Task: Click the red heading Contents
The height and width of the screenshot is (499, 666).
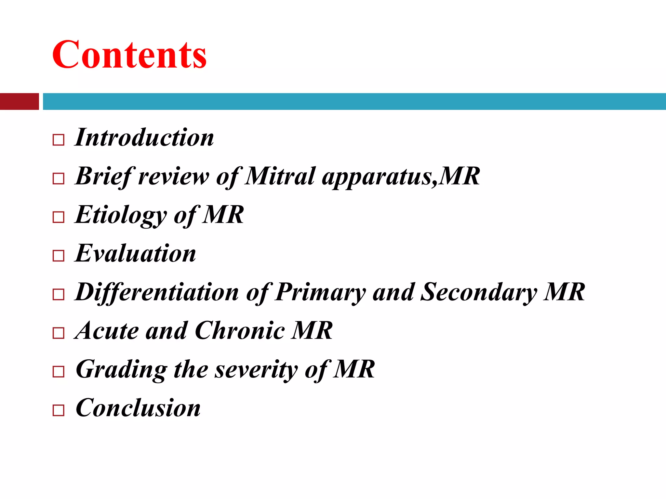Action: [x=129, y=55]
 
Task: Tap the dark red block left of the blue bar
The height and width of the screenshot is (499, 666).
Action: [x=19, y=101]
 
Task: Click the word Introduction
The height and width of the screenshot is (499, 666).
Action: [x=144, y=137]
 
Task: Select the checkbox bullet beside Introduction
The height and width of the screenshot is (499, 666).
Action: [x=58, y=140]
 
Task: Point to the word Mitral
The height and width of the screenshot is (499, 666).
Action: [x=280, y=176]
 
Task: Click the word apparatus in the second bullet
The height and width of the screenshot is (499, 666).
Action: [x=379, y=177]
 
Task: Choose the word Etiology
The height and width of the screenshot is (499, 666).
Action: [x=121, y=215]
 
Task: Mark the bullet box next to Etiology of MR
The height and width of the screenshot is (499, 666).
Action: [x=58, y=217]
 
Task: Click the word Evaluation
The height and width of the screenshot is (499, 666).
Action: [x=135, y=253]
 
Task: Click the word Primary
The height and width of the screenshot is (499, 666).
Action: [x=320, y=292]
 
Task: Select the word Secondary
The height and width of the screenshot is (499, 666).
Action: [x=478, y=292]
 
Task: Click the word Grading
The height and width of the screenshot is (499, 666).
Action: [x=121, y=370]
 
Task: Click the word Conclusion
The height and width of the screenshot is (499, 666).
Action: [x=138, y=408]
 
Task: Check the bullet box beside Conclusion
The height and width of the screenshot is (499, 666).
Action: [x=58, y=410]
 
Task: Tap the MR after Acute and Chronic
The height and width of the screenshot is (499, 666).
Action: [x=312, y=331]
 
